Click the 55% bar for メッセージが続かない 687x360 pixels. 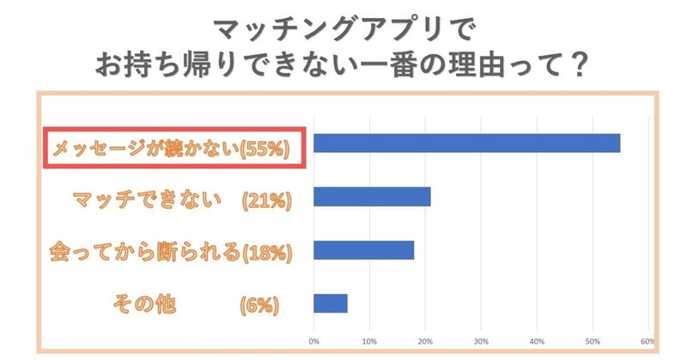coord(466,143)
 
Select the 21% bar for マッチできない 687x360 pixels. coord(372,197)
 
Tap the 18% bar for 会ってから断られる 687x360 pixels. coord(364,250)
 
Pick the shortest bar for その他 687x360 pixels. coord(331,303)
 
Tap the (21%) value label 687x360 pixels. coord(268,201)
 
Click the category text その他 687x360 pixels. coord(144,304)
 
